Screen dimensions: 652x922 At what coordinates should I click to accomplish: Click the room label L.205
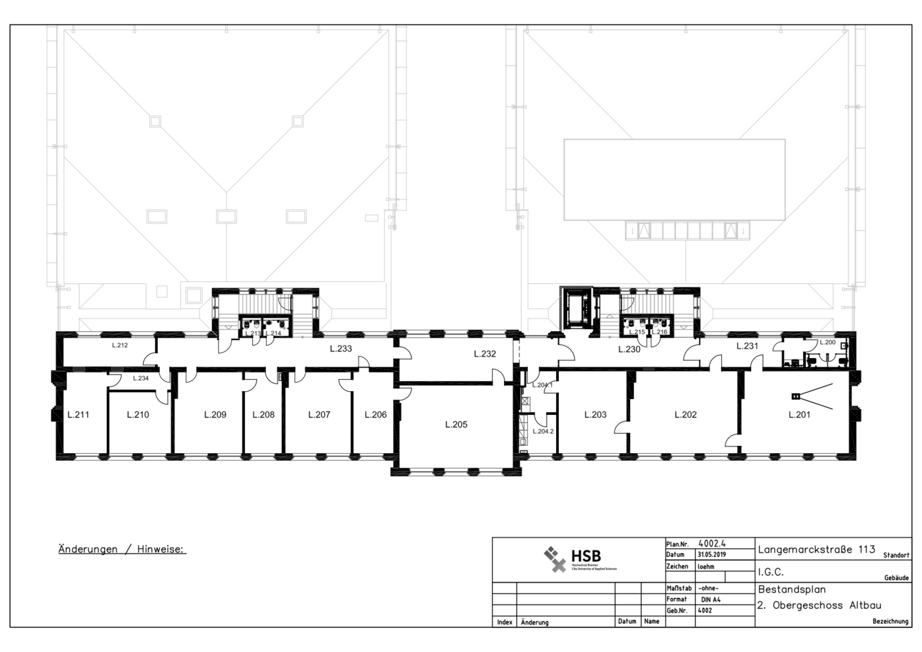[x=456, y=425]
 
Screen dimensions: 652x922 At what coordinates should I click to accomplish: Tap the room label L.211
[x=78, y=415]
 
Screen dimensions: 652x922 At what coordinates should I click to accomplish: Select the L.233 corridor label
[x=341, y=349]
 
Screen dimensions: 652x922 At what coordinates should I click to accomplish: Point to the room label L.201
[x=799, y=415]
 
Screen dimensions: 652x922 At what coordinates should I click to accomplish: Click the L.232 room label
[x=485, y=354]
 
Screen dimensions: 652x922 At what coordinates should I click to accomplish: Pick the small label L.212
[x=120, y=345]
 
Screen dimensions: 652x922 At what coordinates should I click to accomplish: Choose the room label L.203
[x=595, y=415]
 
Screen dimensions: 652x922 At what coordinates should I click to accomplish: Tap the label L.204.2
[x=543, y=431]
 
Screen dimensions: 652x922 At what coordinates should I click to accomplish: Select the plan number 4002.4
[x=713, y=544]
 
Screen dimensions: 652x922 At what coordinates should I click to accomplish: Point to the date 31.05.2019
[x=711, y=555]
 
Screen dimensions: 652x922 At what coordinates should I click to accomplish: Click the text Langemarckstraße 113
[x=816, y=550]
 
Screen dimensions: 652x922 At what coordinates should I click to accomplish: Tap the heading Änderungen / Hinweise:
[x=122, y=549]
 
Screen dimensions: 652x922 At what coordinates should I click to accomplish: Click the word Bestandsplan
[x=792, y=589]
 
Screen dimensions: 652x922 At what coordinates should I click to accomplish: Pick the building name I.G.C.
[x=771, y=572]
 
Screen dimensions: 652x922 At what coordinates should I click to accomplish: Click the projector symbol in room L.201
[x=797, y=396]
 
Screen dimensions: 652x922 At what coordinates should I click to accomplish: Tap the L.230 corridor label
[x=629, y=349]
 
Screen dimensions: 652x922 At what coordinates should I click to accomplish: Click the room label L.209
[x=215, y=415]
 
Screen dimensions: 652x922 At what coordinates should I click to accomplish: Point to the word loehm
[x=706, y=567]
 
